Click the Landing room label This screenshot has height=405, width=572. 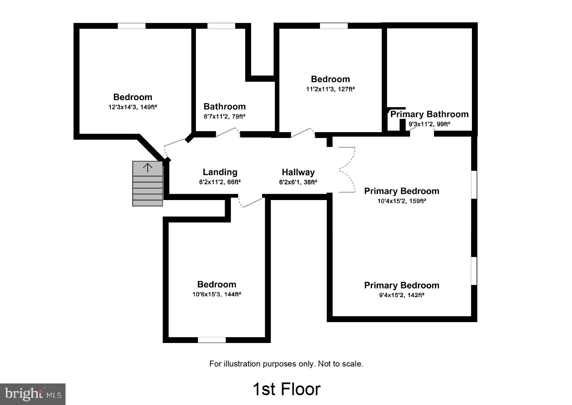(220, 172)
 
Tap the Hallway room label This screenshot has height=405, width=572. (298, 172)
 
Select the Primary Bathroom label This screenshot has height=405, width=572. (429, 114)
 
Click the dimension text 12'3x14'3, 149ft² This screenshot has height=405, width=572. (133, 107)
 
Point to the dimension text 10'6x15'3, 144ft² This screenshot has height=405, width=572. (217, 294)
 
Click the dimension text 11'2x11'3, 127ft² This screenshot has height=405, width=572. (330, 89)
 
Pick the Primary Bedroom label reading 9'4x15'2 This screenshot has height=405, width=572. (401, 286)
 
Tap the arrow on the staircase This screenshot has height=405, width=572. (148, 168)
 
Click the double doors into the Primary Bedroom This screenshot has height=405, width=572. (347, 170)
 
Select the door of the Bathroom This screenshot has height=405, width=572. (228, 132)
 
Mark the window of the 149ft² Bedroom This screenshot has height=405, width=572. (131, 26)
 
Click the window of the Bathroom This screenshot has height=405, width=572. (221, 26)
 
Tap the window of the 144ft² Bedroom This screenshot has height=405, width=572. (212, 340)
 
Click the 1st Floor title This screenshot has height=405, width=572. (286, 389)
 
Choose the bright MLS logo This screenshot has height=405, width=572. (33, 394)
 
